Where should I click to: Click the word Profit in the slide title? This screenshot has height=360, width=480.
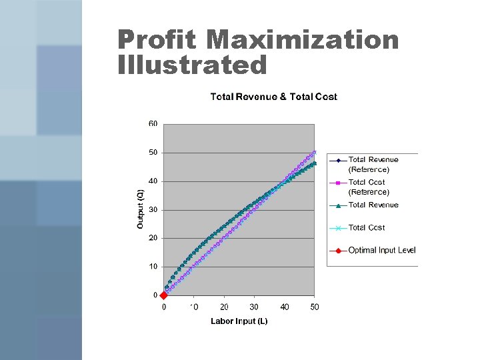click(x=157, y=40)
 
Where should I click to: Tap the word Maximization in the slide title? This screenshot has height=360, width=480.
click(x=302, y=40)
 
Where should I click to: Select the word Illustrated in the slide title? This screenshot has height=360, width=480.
click(x=192, y=65)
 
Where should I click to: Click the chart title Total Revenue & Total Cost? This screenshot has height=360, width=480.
click(x=273, y=97)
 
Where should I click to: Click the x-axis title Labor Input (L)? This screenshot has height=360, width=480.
click(x=239, y=321)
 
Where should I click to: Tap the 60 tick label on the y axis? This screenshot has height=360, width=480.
click(x=153, y=124)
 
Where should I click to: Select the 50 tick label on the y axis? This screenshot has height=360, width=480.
click(x=153, y=153)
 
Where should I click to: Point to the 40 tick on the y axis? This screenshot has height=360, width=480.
click(x=153, y=181)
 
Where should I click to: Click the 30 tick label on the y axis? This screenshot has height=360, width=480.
click(x=153, y=209)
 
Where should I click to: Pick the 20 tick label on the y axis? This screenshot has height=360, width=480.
click(x=153, y=238)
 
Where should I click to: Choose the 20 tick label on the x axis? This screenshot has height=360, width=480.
click(x=224, y=307)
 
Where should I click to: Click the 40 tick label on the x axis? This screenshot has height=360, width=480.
click(x=285, y=307)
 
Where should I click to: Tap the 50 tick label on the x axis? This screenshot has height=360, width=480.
click(x=315, y=307)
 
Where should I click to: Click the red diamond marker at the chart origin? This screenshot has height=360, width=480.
click(x=164, y=295)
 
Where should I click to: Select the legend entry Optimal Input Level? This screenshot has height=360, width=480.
click(x=381, y=251)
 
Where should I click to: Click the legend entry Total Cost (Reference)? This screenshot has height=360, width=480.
click(x=368, y=187)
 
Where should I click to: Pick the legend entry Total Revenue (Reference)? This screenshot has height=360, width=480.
click(x=373, y=164)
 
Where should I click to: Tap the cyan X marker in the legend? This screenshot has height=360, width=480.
click(x=338, y=228)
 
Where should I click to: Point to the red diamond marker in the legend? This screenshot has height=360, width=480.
click(x=338, y=251)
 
